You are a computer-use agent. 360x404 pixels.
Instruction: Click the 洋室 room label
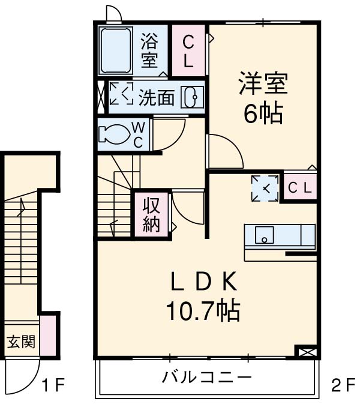pos(262,84)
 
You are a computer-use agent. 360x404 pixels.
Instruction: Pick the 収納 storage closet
pos(151,214)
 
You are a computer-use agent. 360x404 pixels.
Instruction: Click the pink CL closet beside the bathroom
pos(188,50)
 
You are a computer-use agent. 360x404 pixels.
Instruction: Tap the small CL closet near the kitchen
pos(299,188)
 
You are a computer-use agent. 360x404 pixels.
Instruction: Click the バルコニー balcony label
pos(206,378)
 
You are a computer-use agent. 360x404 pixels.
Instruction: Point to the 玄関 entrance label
pos(20,343)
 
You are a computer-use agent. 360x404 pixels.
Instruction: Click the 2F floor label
pos(343,385)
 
